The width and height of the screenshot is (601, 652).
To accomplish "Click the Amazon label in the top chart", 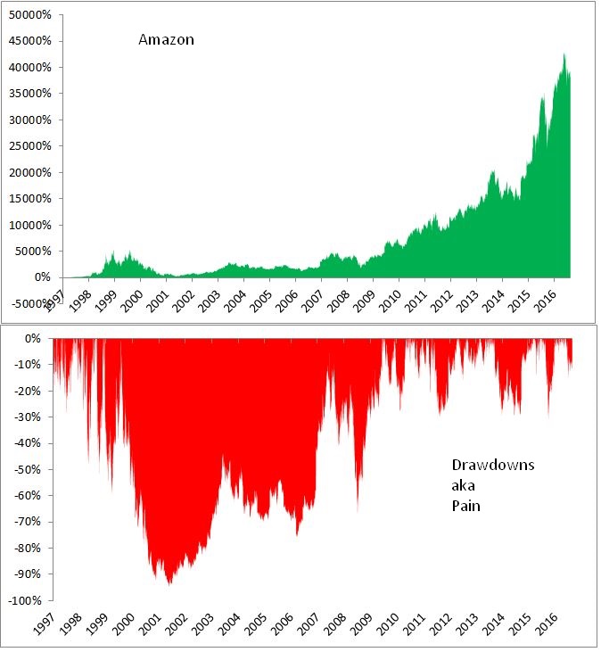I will tap(166, 39).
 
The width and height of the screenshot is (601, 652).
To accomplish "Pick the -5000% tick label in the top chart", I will tap(27, 304).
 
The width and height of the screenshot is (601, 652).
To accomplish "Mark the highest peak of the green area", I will tap(564, 54).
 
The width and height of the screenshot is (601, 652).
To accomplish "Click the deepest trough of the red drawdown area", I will tap(169, 583).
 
